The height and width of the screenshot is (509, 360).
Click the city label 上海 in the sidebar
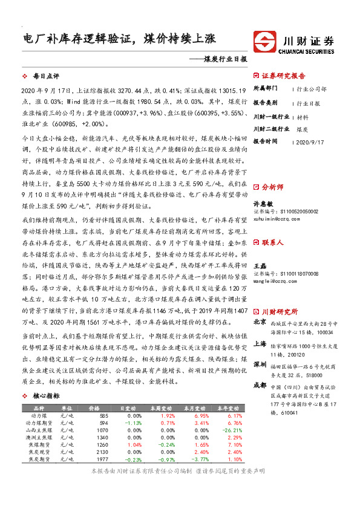[259, 343]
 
